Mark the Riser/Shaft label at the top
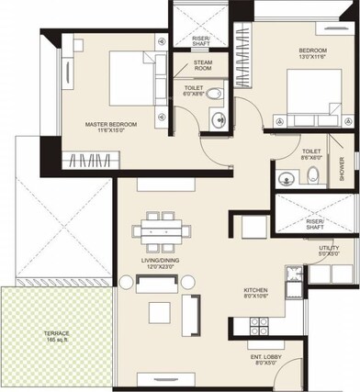pos(200,39)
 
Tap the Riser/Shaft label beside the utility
pos(315,223)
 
